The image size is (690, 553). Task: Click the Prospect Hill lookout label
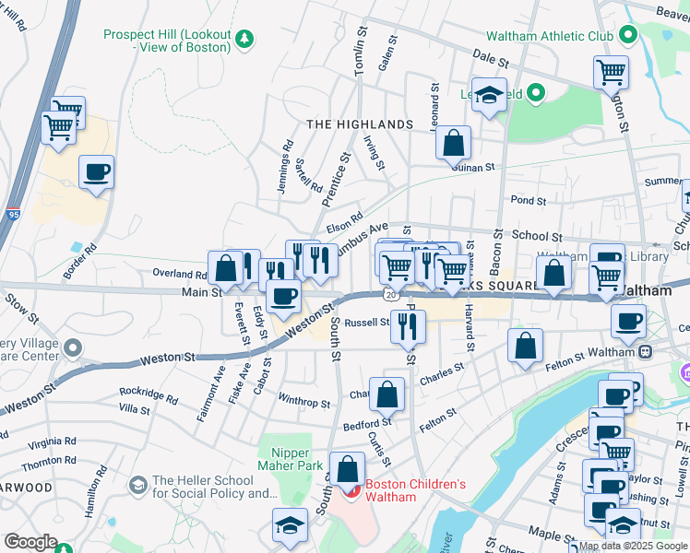pos(166,40)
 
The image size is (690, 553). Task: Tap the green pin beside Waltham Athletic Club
pos(629,36)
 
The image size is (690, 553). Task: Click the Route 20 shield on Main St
pos(390,294)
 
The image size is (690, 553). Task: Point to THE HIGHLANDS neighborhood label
pos(359,124)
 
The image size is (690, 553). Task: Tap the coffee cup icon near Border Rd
pos(96,171)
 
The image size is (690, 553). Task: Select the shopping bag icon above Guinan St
pos(453,143)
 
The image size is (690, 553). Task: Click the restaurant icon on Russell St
pos(407,324)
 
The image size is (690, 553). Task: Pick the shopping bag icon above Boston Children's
pos(347,469)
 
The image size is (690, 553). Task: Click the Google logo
pos(30,542)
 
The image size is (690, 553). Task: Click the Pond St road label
pos(528,200)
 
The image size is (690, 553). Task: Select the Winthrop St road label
pos(303,403)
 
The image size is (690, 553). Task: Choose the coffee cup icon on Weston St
pos(283,296)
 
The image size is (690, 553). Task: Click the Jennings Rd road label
pos(285,167)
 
